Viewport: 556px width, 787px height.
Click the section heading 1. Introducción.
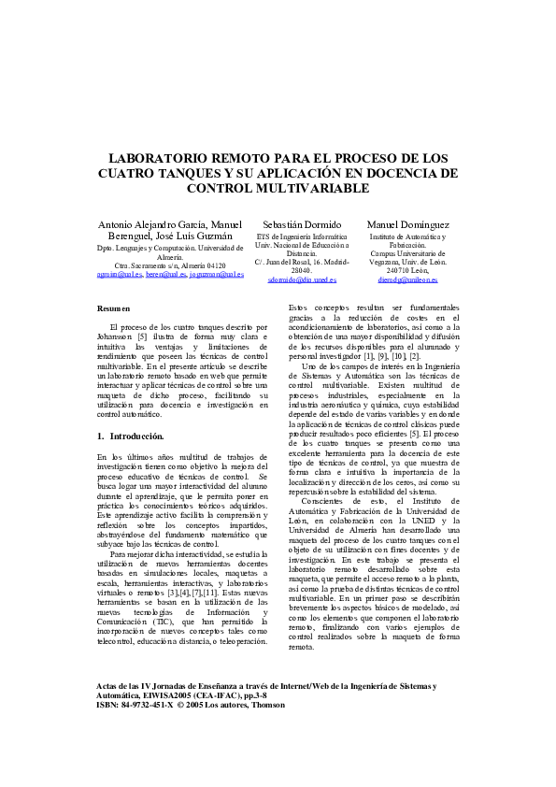tap(130, 436)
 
